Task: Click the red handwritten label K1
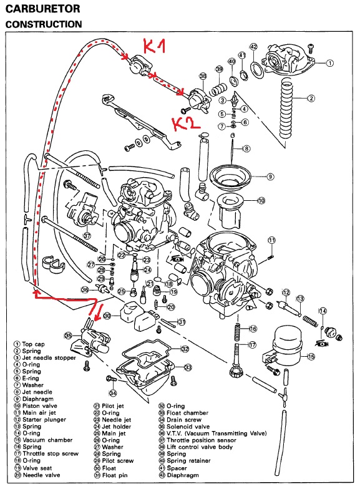(154, 46)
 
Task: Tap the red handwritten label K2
(186, 123)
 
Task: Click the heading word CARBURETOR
(42, 9)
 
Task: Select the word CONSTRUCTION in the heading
(44, 24)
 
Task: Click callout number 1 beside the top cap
(329, 63)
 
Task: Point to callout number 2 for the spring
(311, 99)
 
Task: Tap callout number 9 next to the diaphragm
(270, 177)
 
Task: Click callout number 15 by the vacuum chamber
(311, 357)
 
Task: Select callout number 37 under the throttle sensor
(87, 235)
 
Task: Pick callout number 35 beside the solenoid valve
(68, 336)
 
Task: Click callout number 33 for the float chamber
(188, 367)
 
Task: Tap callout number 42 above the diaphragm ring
(253, 47)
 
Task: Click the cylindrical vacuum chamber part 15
(287, 346)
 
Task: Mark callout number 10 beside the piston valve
(261, 200)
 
